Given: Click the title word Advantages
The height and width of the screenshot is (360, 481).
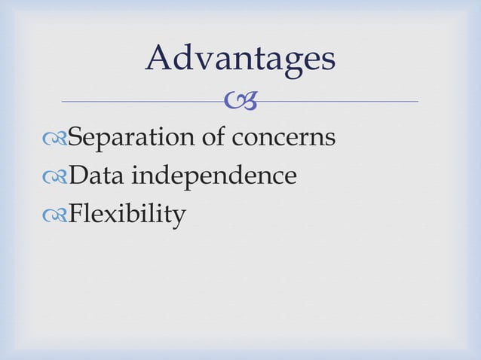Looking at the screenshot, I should pyautogui.click(x=240, y=59).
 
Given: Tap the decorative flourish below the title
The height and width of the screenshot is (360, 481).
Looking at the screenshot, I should pyautogui.click(x=240, y=99).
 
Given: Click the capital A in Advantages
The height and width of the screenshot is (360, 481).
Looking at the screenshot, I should pyautogui.click(x=160, y=59).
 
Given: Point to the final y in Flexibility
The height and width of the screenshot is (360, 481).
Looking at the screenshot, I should pyautogui.click(x=178, y=219).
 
